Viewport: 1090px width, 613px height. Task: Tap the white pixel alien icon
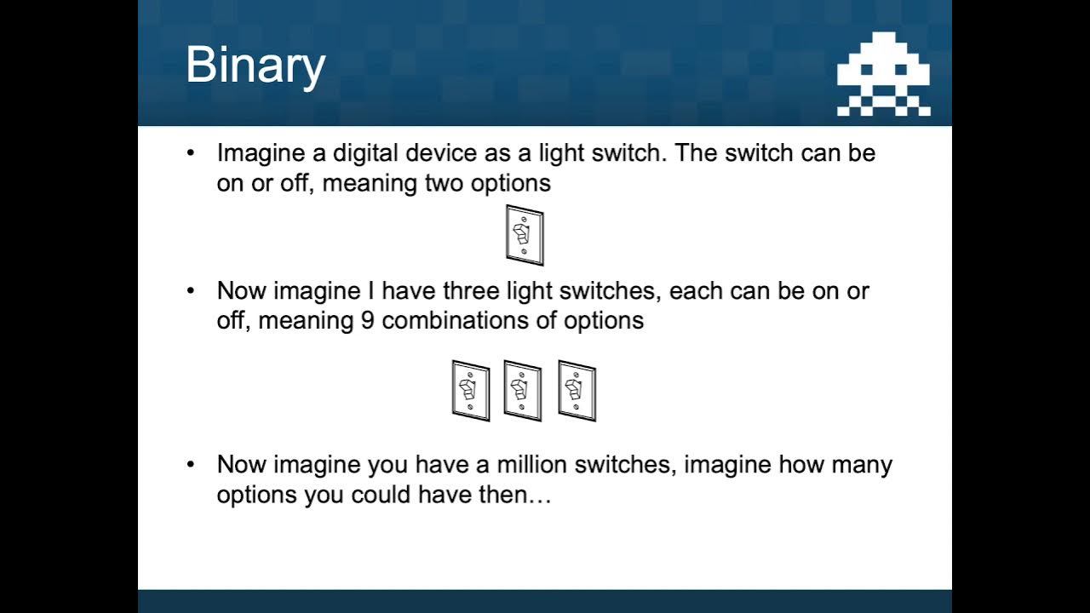[883, 74]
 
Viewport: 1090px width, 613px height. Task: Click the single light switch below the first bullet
[524, 235]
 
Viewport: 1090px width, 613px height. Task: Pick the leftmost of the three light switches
[470, 391]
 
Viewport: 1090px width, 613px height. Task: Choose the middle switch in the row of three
[522, 391]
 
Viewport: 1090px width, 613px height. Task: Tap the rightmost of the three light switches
[577, 391]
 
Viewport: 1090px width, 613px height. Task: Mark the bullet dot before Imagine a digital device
[192, 153]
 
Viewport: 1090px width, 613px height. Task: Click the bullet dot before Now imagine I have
[192, 291]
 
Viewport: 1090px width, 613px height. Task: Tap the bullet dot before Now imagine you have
[192, 465]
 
